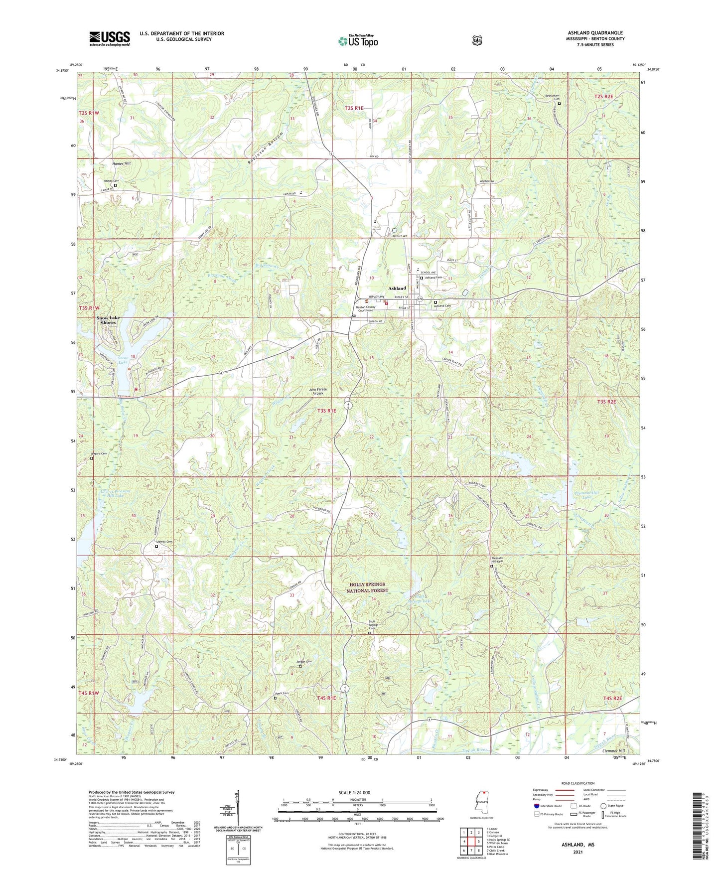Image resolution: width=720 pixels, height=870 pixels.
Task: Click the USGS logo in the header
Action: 110,38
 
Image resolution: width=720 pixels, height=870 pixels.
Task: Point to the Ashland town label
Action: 397,289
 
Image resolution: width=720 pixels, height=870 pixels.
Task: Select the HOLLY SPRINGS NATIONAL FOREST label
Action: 367,587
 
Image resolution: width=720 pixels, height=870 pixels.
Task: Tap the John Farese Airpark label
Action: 318,391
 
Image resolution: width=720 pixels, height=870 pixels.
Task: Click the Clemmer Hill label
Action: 613,750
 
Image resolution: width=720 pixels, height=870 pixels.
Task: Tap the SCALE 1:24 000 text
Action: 354,793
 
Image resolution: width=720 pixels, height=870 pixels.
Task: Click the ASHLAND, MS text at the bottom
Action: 578,845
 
